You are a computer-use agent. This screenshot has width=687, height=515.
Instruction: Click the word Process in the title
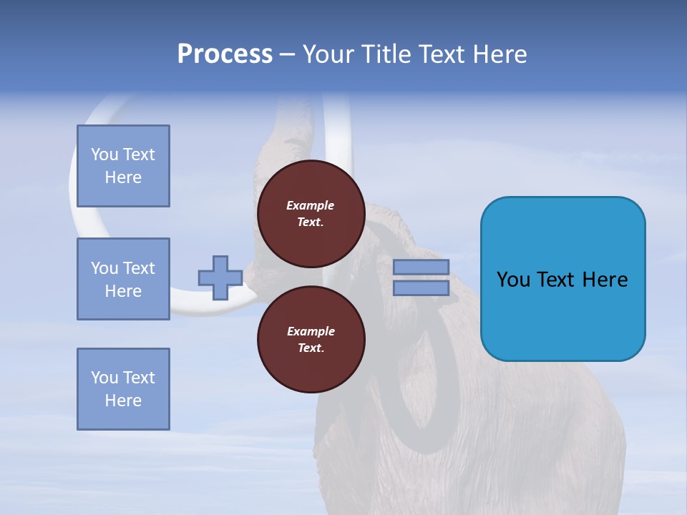225,54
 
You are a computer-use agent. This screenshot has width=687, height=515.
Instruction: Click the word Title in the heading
385,54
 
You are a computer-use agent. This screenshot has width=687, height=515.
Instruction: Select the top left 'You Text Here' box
123,166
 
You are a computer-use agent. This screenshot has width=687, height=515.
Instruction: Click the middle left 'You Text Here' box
123,279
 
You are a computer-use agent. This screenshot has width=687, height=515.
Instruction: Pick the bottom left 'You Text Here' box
123,389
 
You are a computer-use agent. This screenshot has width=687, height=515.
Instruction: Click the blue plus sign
220,278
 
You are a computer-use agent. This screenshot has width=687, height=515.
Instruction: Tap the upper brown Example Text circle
311,214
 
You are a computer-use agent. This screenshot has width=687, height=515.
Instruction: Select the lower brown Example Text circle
311,340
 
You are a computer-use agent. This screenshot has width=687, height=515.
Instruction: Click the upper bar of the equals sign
421,267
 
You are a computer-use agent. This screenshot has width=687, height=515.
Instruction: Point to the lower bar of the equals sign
421,288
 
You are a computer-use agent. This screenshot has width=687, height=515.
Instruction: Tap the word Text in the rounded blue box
557,279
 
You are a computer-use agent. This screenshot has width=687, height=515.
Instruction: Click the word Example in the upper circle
310,205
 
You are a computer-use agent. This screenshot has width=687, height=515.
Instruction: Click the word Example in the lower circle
311,331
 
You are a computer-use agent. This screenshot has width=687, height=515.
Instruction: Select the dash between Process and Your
287,54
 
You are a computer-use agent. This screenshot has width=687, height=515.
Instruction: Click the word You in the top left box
104,154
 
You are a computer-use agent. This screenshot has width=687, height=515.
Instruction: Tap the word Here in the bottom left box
123,401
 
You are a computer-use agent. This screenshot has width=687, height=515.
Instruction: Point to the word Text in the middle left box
139,268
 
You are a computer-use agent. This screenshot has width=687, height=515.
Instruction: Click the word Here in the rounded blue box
605,279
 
